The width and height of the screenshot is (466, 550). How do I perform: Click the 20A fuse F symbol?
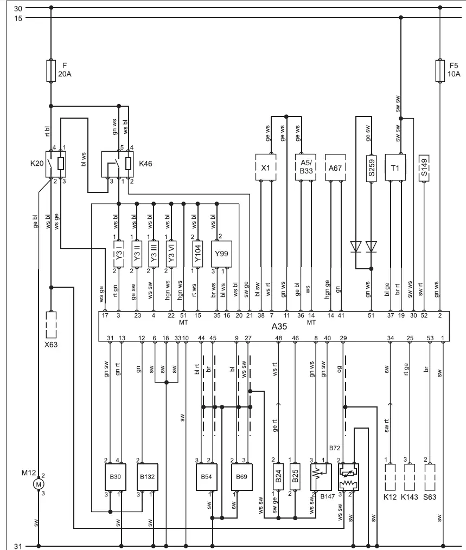[50, 71]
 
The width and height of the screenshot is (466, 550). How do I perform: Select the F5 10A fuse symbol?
[440, 71]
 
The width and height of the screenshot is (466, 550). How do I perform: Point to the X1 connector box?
[265, 167]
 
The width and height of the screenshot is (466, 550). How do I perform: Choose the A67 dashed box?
[335, 167]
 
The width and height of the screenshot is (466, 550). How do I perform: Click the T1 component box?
[395, 167]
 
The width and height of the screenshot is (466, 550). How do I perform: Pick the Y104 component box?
[198, 254]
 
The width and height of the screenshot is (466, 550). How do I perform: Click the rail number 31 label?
[18, 546]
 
